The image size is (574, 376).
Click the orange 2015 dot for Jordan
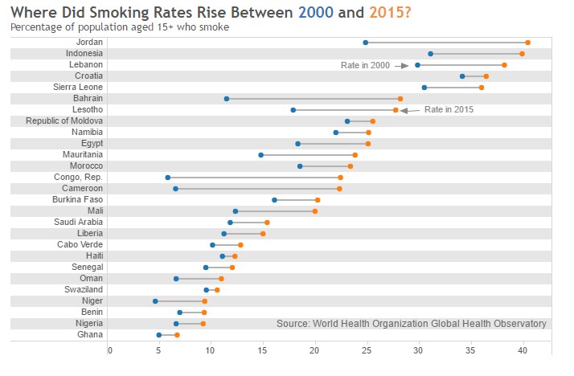click(x=527, y=43)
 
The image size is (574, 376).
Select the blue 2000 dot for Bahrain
click(x=227, y=99)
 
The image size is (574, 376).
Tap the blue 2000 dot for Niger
click(x=155, y=301)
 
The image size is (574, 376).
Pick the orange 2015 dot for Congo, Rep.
click(x=340, y=178)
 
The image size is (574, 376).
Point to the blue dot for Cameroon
click(x=175, y=189)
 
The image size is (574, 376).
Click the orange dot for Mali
click(x=315, y=211)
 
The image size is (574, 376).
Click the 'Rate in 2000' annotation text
click(x=365, y=65)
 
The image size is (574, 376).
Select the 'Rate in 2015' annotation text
click(x=449, y=109)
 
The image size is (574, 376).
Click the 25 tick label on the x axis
click(x=367, y=349)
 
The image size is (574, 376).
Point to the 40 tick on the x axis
click(x=523, y=349)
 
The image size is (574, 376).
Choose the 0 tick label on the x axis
click(x=109, y=349)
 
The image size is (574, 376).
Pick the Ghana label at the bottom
click(x=89, y=334)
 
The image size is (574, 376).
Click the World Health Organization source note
click(x=411, y=323)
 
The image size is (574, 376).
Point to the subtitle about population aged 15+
click(x=120, y=27)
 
